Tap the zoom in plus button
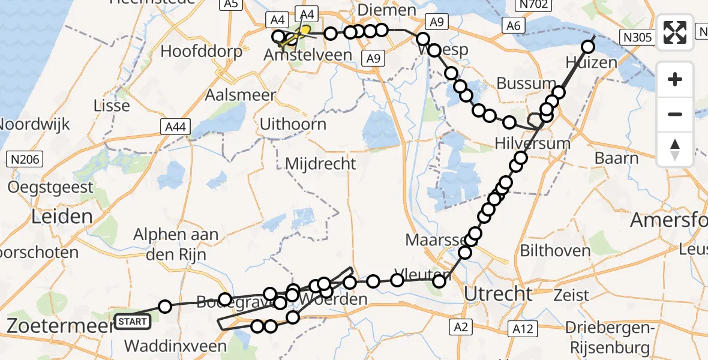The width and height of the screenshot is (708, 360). click(x=675, y=79)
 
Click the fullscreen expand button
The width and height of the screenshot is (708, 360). click(x=675, y=32)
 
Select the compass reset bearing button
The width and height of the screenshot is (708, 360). click(x=675, y=149)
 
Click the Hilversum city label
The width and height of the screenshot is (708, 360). click(x=532, y=144)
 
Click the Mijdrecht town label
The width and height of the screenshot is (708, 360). click(x=320, y=164)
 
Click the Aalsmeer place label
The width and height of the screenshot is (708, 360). click(x=240, y=95)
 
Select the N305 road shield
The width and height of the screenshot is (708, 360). click(x=637, y=38)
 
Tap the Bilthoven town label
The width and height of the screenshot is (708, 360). click(x=555, y=250)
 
